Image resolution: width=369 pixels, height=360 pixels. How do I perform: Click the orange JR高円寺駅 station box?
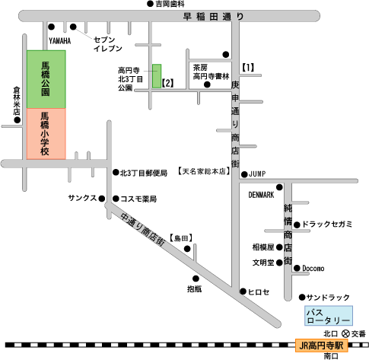click(x=321, y=346)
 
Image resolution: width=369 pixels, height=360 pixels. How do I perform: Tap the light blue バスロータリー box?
click(x=329, y=316)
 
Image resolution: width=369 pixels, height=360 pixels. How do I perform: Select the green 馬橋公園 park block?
click(x=46, y=79)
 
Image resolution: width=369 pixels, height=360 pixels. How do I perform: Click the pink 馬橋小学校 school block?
click(x=46, y=134)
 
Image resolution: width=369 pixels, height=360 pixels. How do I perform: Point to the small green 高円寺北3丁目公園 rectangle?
click(x=157, y=76)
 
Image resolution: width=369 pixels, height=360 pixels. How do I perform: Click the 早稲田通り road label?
click(x=213, y=17)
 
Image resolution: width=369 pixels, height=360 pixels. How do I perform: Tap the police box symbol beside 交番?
click(x=345, y=333)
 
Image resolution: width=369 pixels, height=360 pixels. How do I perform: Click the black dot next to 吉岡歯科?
click(x=151, y=4)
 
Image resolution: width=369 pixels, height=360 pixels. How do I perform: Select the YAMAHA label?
click(x=60, y=41)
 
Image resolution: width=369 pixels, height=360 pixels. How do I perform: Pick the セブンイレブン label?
click(x=108, y=44)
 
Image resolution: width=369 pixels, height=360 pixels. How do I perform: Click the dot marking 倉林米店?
click(x=17, y=120)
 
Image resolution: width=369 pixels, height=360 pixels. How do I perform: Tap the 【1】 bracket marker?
click(x=248, y=68)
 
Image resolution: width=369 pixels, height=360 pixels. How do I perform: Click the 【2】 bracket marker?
click(x=167, y=83)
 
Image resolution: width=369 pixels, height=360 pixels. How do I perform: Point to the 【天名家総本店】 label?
click(x=204, y=171)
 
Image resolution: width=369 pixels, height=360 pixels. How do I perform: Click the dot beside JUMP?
click(x=244, y=174)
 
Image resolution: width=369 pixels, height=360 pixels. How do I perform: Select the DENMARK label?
click(x=261, y=195)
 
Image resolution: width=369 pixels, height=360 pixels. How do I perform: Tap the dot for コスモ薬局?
click(x=116, y=199)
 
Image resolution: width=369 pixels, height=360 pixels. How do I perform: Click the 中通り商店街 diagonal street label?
click(x=143, y=229)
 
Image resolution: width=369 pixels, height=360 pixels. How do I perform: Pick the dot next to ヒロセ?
click(x=243, y=292)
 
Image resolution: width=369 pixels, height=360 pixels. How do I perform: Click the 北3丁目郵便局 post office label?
click(x=144, y=173)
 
